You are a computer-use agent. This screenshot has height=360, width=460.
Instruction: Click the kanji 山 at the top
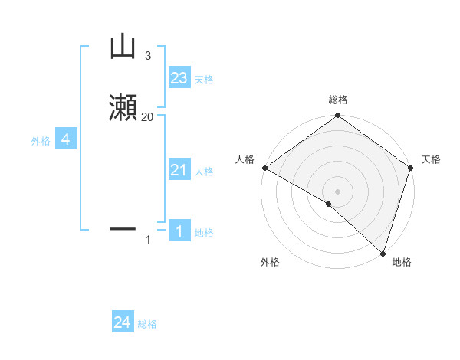(x=123, y=47)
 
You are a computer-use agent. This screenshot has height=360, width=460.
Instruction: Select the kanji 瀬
(x=123, y=108)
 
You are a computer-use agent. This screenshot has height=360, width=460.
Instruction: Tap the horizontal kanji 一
(x=123, y=228)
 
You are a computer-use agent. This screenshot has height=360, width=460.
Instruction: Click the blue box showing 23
(x=179, y=78)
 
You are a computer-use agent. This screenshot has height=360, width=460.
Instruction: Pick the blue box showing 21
(x=179, y=171)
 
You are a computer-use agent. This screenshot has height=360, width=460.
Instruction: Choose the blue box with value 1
(x=179, y=231)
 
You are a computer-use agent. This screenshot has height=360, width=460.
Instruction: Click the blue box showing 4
(x=66, y=139)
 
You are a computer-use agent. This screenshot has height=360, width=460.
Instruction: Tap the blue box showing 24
(x=123, y=323)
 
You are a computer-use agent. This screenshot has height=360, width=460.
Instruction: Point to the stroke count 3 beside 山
(x=147, y=56)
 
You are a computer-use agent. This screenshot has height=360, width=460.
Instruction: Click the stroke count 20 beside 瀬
(x=147, y=116)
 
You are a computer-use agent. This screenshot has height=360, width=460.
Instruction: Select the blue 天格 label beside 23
(x=204, y=80)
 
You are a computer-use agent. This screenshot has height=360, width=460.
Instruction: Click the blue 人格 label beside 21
(x=204, y=172)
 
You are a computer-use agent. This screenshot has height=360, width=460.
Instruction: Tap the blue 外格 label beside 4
(x=40, y=141)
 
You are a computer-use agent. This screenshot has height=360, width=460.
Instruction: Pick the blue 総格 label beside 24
(x=147, y=325)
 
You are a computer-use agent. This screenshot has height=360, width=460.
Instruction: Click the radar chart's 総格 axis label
(x=337, y=100)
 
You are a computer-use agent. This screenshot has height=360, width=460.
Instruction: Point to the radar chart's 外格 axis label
(x=270, y=262)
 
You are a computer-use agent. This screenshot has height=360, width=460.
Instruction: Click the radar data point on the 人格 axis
(x=264, y=168)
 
